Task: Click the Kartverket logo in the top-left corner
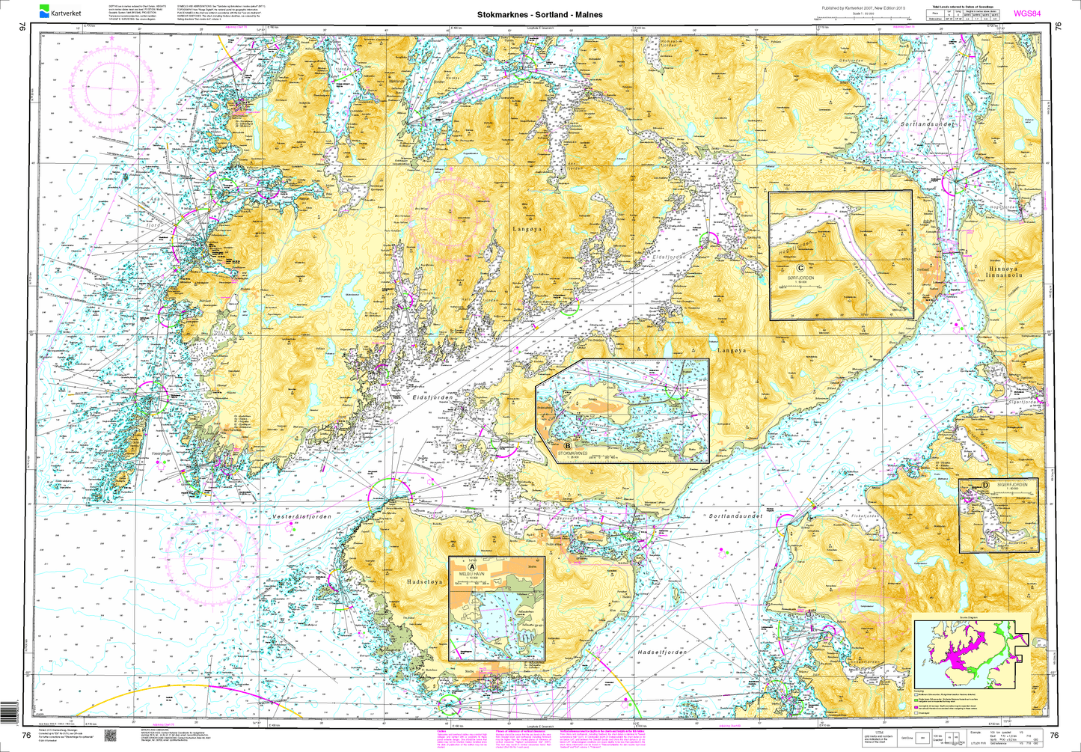[x=59, y=12]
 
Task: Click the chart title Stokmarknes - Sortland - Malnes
[x=539, y=14]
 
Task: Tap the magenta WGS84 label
[x=1026, y=13]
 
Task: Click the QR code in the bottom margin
[x=109, y=736]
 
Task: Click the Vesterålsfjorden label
[x=299, y=516]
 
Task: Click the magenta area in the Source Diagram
[x=962, y=656]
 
